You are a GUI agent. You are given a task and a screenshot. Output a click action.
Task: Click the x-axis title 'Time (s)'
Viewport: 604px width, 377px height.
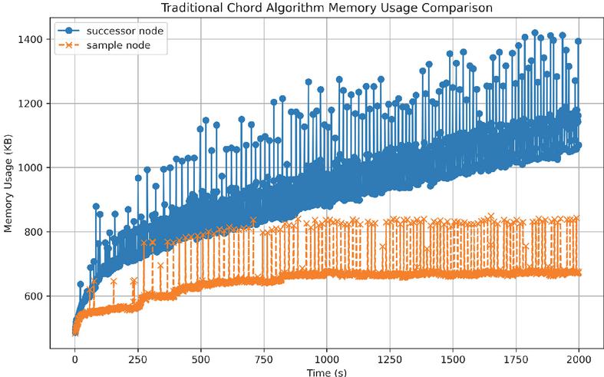pos(327,371)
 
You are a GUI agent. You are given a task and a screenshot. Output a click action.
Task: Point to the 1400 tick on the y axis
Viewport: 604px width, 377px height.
pos(31,39)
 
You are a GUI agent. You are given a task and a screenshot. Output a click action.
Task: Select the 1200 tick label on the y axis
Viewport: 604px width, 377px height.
pos(31,103)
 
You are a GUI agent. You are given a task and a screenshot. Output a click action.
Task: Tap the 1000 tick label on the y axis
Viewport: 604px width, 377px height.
pos(31,167)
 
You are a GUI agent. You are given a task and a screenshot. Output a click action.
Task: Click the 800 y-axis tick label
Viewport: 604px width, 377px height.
pos(33,232)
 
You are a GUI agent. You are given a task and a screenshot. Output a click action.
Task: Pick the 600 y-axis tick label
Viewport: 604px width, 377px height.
pos(33,296)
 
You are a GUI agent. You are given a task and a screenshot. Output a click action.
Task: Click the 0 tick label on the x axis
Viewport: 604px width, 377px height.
pos(75,358)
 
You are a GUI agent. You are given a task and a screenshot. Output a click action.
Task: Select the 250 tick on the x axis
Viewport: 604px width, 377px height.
pos(138,358)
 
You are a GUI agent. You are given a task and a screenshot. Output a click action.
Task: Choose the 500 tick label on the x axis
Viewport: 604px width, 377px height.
pos(201,358)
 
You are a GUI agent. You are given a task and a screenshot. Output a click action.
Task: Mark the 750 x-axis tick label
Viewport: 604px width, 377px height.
pos(264,358)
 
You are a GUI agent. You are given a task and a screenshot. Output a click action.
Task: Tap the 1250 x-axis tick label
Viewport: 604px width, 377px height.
pos(391,358)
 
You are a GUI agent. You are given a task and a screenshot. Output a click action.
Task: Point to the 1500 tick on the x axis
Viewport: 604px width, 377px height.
pos(454,358)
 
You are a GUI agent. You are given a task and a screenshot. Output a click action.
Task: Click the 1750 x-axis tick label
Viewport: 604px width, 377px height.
pos(517,358)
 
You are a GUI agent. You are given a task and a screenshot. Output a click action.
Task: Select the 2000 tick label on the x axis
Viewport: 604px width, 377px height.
pos(579,358)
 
